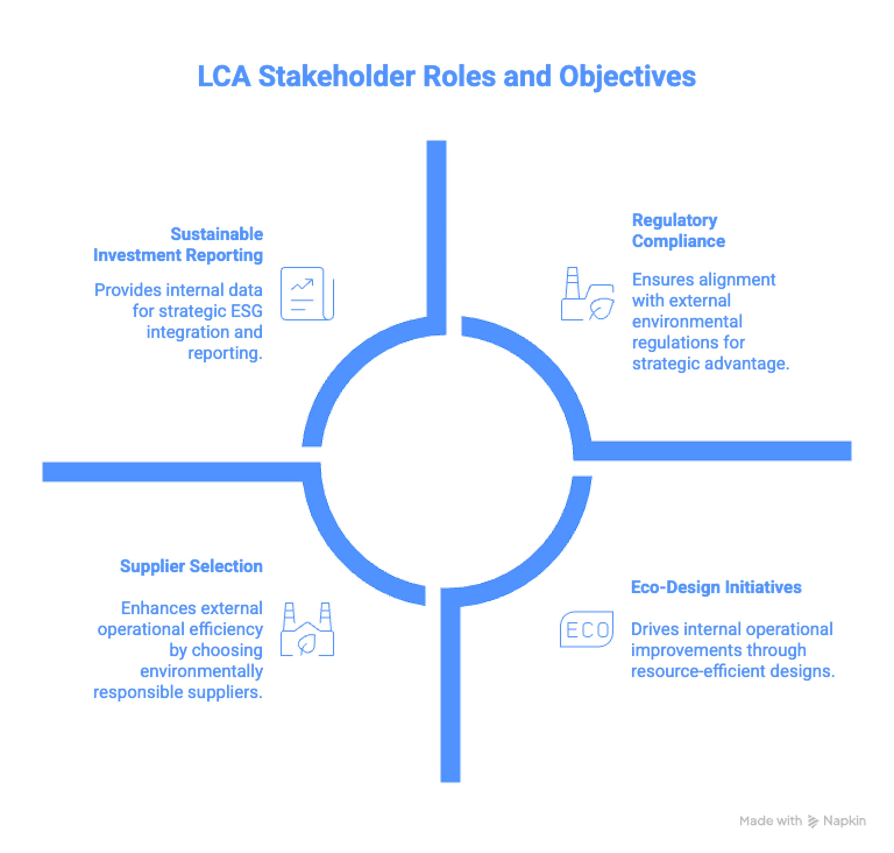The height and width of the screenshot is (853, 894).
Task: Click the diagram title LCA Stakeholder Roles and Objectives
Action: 447,76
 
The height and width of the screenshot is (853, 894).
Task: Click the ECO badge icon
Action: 586,630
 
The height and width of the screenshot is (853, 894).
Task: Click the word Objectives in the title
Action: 627,76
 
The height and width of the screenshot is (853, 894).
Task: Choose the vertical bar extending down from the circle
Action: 451,691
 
